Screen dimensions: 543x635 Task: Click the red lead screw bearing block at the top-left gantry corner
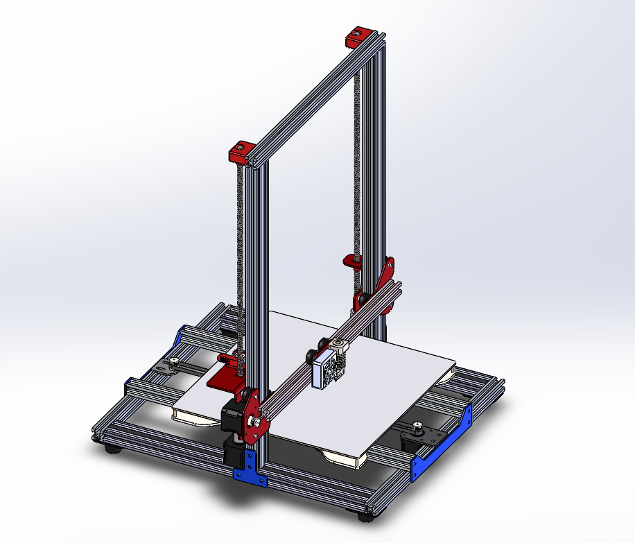coord(241,151)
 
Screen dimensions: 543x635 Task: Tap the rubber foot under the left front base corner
coord(112,449)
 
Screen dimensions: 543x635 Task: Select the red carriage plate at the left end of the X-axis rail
coord(253,416)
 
